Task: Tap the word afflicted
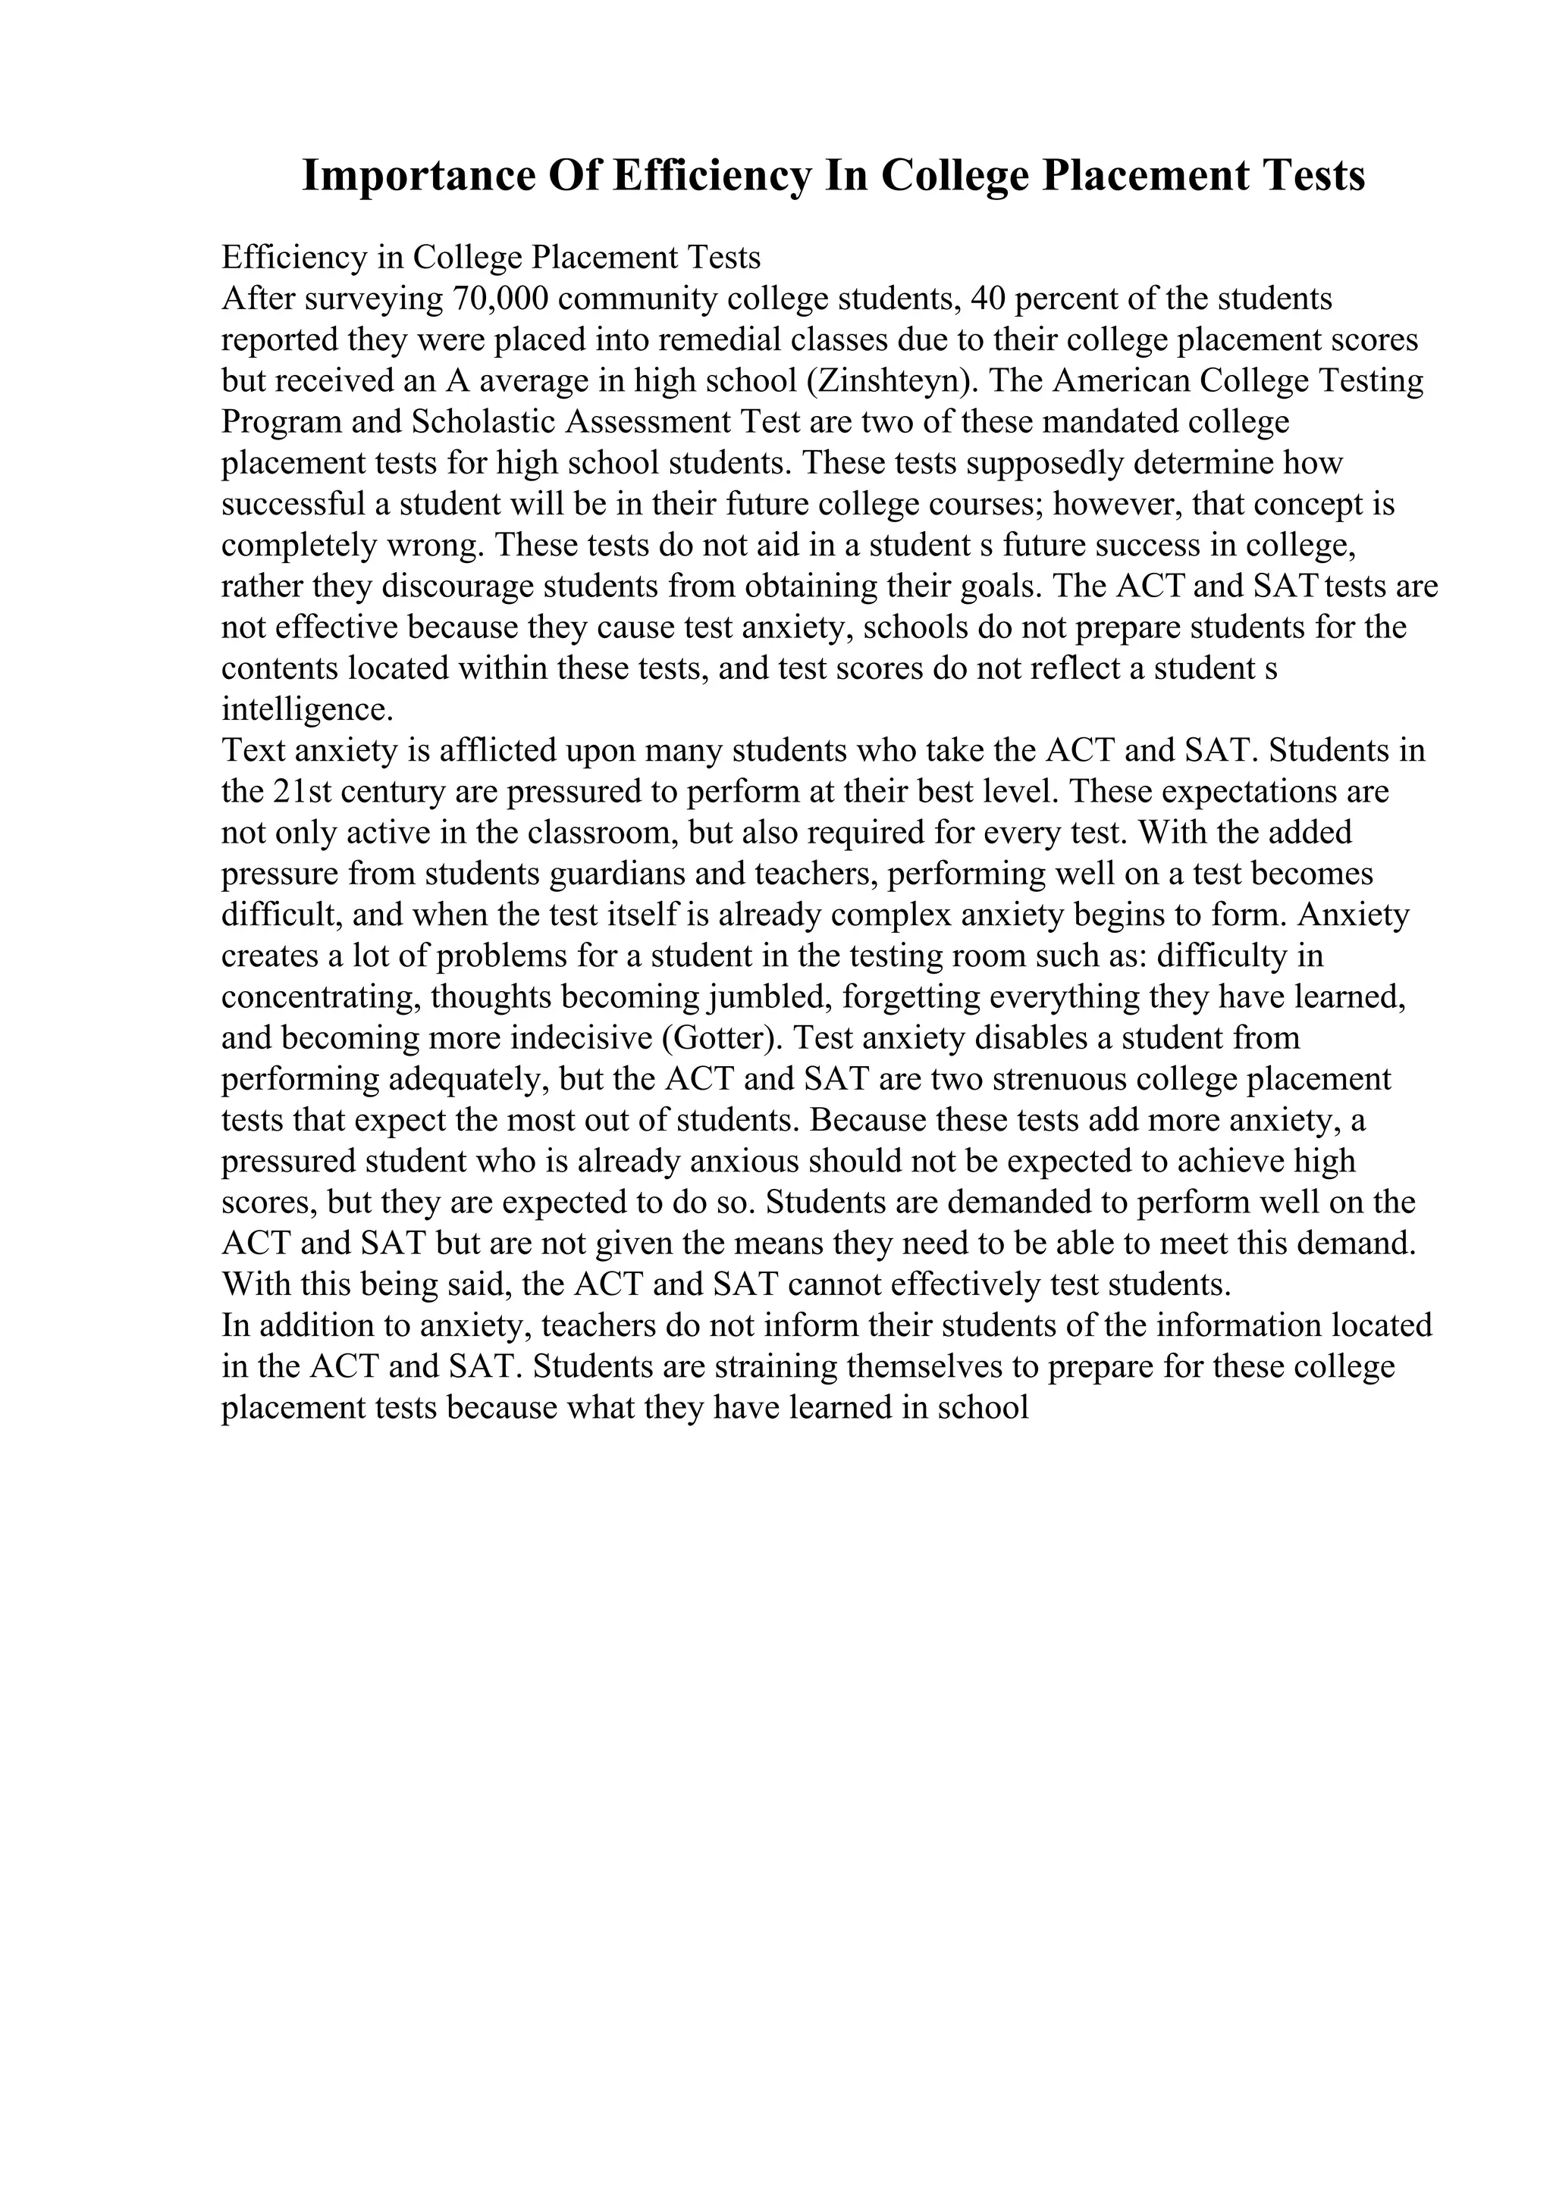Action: [497, 751]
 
